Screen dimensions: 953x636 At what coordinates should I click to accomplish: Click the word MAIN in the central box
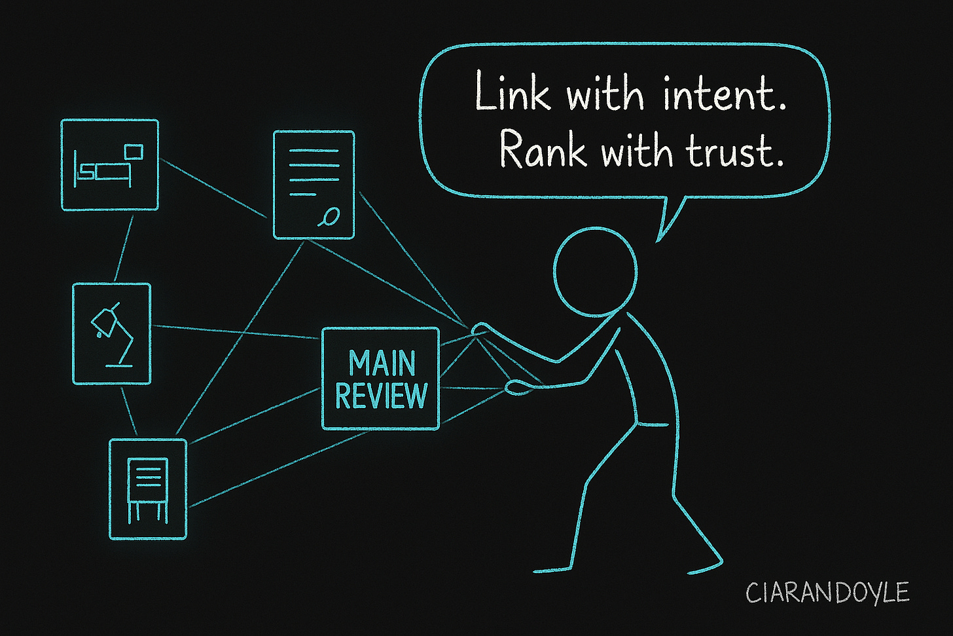coord(382,363)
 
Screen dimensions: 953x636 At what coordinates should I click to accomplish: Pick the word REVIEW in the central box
coord(381,396)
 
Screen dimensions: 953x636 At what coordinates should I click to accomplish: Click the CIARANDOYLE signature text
coord(827,593)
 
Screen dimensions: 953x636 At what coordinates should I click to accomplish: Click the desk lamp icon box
coord(111,334)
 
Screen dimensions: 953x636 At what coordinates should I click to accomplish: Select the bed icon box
coord(110,164)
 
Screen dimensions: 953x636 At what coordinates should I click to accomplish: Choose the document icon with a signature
coord(314,184)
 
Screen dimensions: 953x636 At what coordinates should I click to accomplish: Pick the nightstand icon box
coord(148,489)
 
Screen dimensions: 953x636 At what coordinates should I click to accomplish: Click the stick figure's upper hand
coord(481,327)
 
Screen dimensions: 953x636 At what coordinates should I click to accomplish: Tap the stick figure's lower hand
coord(515,387)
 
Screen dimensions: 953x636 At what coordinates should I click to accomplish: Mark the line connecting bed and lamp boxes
coord(124,247)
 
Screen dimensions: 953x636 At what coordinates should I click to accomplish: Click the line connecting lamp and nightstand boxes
coord(129,411)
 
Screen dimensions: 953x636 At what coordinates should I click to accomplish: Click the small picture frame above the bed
coord(134,151)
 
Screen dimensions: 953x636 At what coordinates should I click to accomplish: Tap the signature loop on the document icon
coord(331,215)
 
